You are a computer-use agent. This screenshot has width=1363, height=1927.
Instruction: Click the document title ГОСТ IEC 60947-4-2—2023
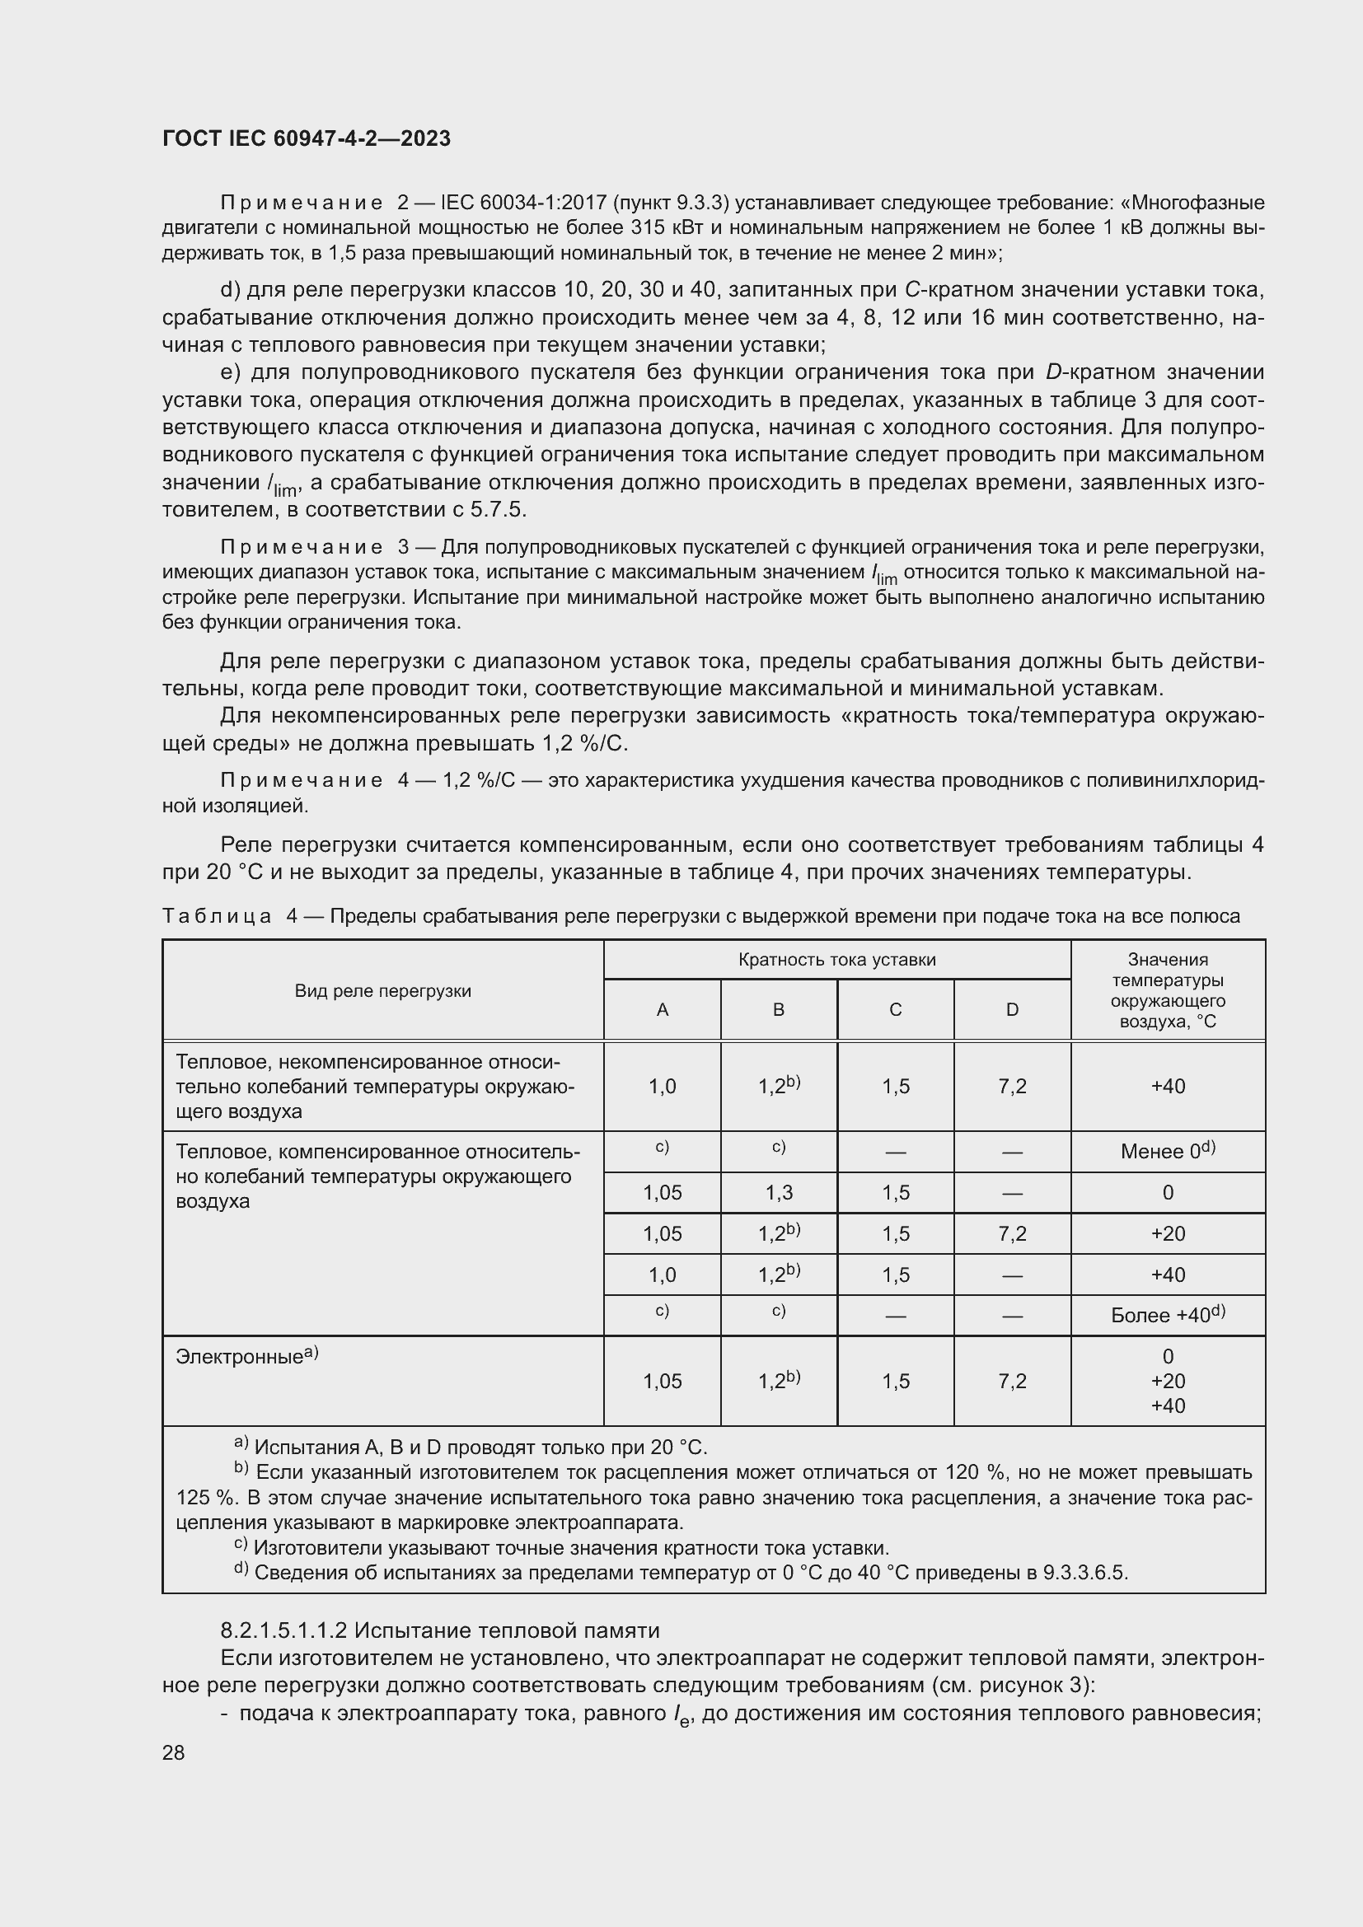click(307, 138)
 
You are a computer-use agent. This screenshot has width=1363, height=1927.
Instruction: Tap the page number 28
click(174, 1752)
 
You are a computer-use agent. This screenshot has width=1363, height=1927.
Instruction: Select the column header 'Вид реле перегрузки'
click(382, 990)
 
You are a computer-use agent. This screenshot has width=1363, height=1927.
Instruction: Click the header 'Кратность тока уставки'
click(836, 959)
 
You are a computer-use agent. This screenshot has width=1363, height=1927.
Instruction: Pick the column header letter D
click(1012, 1010)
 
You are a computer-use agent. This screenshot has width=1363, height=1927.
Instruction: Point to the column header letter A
click(663, 1010)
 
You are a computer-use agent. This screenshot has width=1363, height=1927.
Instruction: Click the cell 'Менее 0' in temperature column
click(1168, 1151)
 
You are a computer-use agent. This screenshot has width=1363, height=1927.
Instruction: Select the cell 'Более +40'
click(1168, 1315)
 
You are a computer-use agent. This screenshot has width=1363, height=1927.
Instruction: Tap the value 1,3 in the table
click(778, 1193)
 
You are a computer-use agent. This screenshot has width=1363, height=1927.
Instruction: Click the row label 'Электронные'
click(240, 1356)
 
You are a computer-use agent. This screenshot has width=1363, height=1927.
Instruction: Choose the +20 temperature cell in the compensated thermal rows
click(1168, 1234)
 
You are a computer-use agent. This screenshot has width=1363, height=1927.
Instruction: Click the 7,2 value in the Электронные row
click(1012, 1381)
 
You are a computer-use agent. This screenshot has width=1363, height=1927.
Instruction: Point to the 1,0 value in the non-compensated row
click(663, 1086)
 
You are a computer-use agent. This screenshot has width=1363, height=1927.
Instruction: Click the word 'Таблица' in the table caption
click(217, 915)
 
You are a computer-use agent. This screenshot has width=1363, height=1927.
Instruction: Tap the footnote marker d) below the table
click(241, 1569)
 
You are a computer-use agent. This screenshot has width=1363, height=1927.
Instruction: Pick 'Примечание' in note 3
click(302, 547)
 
